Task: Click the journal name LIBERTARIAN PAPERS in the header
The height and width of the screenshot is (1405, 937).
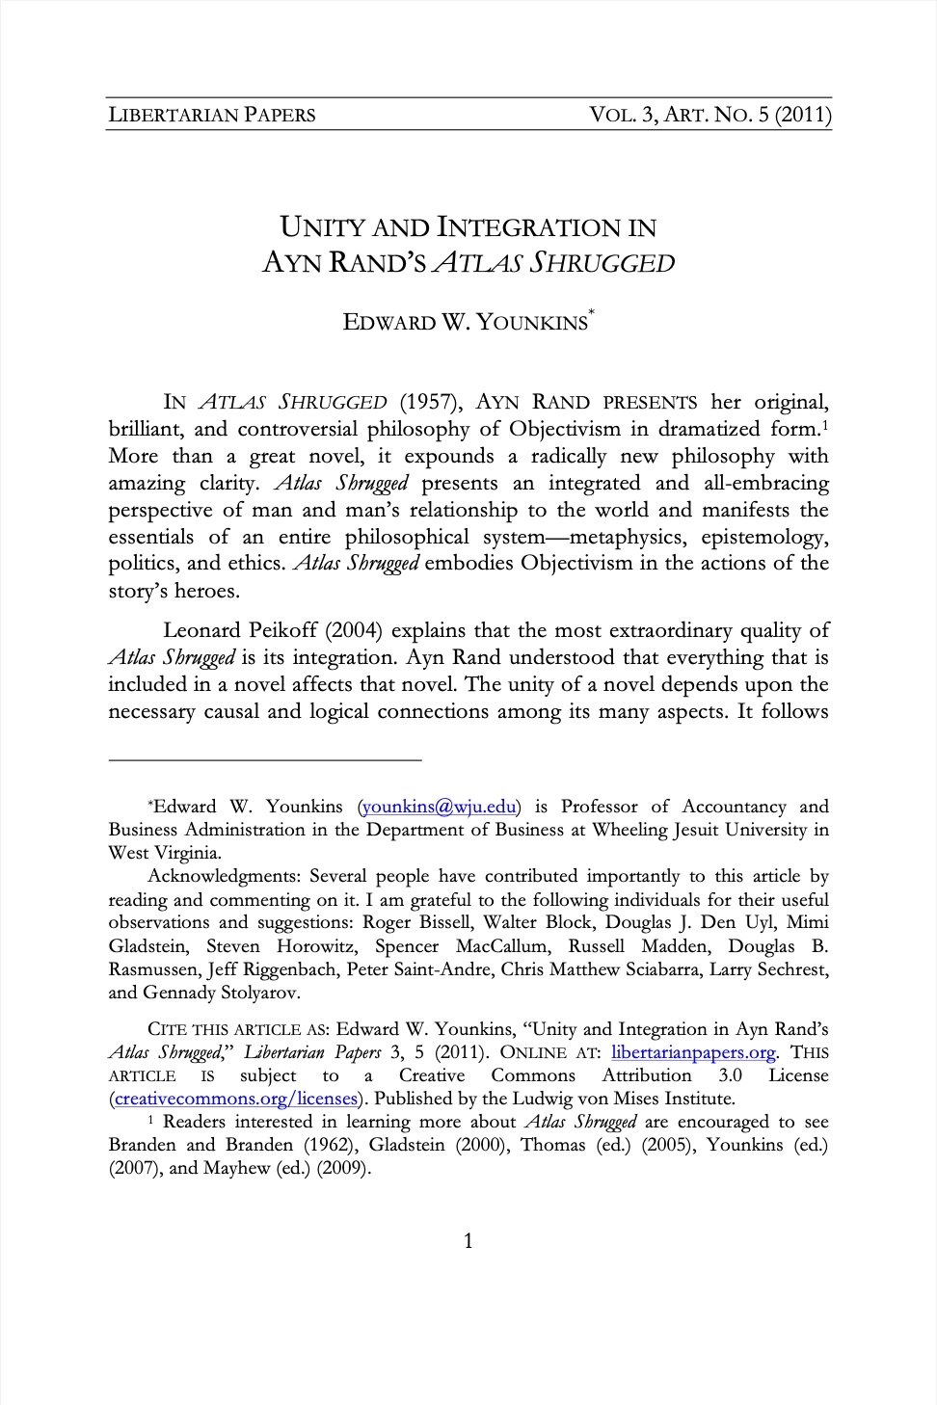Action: click(x=212, y=115)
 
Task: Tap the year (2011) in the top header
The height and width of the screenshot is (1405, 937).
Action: click(x=802, y=115)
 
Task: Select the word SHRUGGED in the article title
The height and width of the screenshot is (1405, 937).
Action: click(x=605, y=263)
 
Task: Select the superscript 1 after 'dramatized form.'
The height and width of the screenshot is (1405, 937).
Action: click(x=826, y=424)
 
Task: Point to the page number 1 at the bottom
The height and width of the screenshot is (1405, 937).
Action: click(x=468, y=1241)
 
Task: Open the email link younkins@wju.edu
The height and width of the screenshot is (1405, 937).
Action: click(x=440, y=807)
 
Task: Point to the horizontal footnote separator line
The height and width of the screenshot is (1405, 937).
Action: click(x=265, y=760)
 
